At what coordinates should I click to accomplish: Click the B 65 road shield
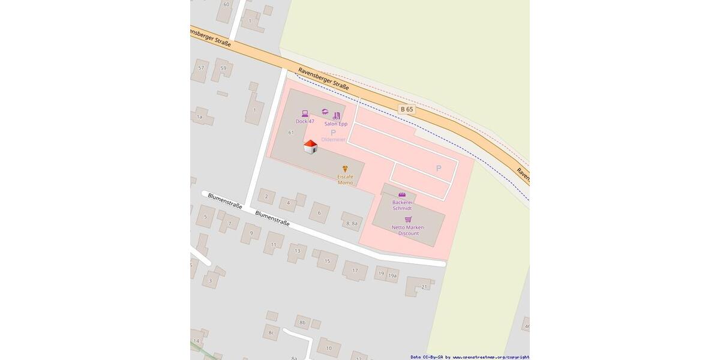(x=407, y=109)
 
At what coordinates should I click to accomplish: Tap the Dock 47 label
(x=305, y=121)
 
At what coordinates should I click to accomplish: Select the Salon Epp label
(x=336, y=124)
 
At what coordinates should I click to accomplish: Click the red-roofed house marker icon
(x=310, y=147)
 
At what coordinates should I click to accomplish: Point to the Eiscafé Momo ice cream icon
(x=345, y=169)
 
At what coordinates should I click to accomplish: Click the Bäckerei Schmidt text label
(x=402, y=205)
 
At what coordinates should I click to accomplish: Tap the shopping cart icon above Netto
(x=408, y=219)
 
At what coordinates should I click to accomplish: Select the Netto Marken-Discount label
(x=408, y=230)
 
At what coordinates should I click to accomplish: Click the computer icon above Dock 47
(x=305, y=113)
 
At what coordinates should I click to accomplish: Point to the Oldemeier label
(x=333, y=139)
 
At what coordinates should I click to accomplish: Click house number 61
(x=291, y=133)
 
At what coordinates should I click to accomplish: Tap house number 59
(x=223, y=68)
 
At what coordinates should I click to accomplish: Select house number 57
(x=201, y=68)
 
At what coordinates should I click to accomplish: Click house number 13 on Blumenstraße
(x=297, y=251)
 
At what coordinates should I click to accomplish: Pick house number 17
(x=355, y=271)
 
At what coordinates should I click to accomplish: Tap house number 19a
(x=392, y=275)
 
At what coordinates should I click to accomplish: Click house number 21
(x=424, y=287)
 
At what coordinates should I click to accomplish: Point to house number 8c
(x=271, y=332)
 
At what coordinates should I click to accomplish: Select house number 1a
(x=199, y=117)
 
